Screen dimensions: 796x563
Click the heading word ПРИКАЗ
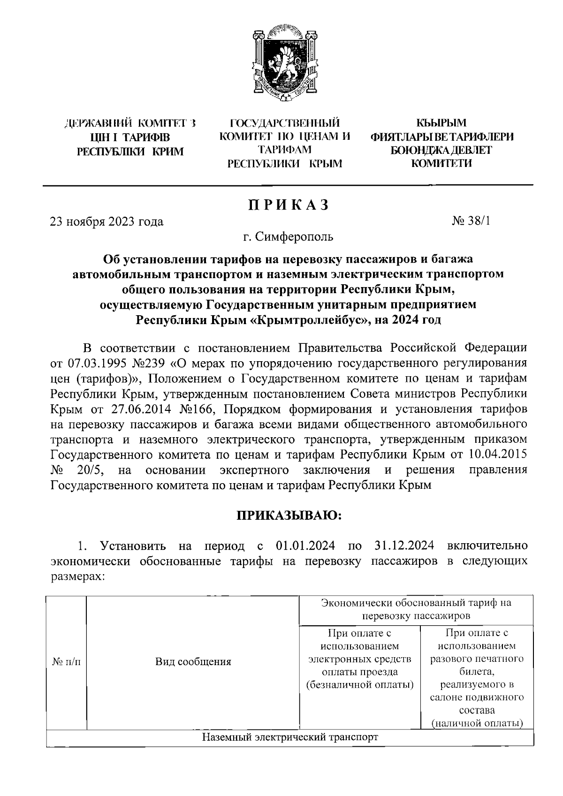click(x=288, y=205)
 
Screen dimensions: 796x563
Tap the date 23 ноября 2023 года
click(x=107, y=221)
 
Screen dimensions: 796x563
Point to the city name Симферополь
click(x=295, y=236)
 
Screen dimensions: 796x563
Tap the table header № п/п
click(x=66, y=662)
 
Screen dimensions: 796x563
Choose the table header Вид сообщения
click(x=193, y=662)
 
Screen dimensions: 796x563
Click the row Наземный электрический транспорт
click(x=290, y=737)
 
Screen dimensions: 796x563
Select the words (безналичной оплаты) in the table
click(x=360, y=684)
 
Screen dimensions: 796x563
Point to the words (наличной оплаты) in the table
click(x=477, y=723)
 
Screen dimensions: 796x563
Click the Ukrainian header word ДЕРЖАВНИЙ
click(x=97, y=124)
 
